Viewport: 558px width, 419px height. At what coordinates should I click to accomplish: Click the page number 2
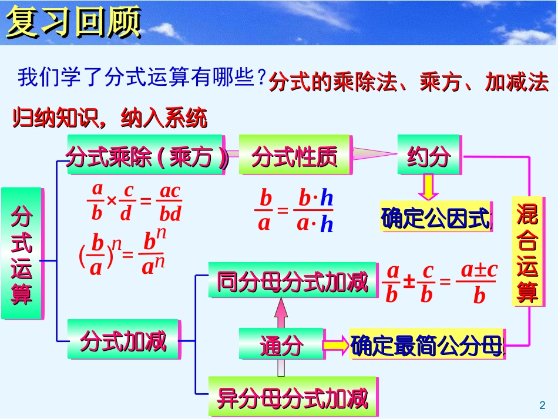pos(542,404)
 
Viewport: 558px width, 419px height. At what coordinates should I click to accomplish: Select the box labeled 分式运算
pos(22,253)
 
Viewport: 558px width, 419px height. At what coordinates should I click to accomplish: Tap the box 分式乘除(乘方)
pos(145,156)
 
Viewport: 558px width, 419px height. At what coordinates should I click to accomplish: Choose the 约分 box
pos(429,156)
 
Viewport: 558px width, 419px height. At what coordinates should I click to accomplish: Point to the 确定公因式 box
pos(435,218)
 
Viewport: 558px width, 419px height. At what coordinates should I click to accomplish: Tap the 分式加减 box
pos(123,340)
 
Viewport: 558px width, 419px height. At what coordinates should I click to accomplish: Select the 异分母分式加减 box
pos(292,398)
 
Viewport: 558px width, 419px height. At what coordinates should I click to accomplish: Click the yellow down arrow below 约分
pos(429,187)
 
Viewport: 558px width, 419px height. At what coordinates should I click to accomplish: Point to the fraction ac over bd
pos(170,202)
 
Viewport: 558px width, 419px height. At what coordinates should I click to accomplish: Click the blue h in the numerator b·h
pos(327,199)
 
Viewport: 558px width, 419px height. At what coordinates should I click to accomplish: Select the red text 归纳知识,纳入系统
pos(110,119)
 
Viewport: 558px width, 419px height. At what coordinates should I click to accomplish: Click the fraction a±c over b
pos(479,282)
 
